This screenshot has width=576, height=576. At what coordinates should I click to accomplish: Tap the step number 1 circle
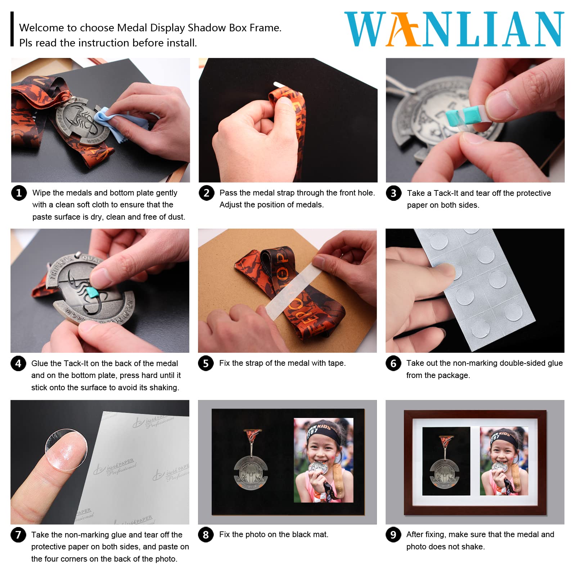19,193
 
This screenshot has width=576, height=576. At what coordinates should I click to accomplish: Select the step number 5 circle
206,363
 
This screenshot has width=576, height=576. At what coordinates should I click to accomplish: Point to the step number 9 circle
393,535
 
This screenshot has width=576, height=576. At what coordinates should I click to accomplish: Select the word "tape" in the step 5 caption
336,363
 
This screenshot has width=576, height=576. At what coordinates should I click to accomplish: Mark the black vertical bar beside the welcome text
12,29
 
